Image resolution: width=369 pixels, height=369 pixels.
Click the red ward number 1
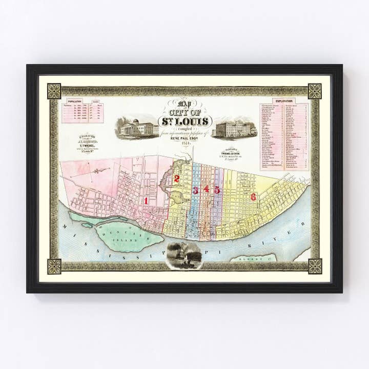(146, 201)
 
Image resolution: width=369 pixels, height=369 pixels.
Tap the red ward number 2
(176, 179)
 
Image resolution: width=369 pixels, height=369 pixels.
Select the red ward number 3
(195, 190)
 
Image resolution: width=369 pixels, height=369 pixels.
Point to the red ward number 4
(206, 189)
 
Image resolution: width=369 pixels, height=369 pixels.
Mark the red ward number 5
(217, 190)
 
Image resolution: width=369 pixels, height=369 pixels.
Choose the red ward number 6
(253, 197)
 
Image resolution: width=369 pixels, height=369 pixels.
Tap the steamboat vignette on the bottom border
(184, 255)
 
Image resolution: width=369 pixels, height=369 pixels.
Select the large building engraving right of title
(235, 128)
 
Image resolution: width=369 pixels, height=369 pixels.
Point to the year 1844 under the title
(185, 143)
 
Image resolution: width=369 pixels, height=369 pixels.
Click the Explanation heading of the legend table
(283, 101)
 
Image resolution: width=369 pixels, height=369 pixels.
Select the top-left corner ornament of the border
(54, 91)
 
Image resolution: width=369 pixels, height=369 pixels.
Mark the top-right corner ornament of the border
(315, 91)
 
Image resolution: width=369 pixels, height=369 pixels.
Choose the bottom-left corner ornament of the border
(54, 266)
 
